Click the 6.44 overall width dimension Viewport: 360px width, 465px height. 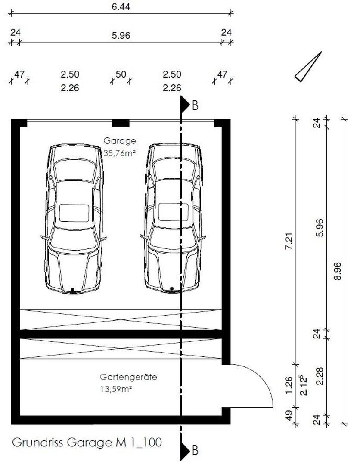click(121, 6)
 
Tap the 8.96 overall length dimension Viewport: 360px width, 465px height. click(337, 271)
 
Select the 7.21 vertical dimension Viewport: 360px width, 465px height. click(289, 241)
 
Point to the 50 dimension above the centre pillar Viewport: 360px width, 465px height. click(121, 74)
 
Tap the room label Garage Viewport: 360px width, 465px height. click(120, 140)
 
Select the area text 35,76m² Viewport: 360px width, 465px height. click(120, 153)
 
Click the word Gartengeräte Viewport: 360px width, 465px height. click(128, 377)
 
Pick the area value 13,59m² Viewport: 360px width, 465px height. click(116, 389)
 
